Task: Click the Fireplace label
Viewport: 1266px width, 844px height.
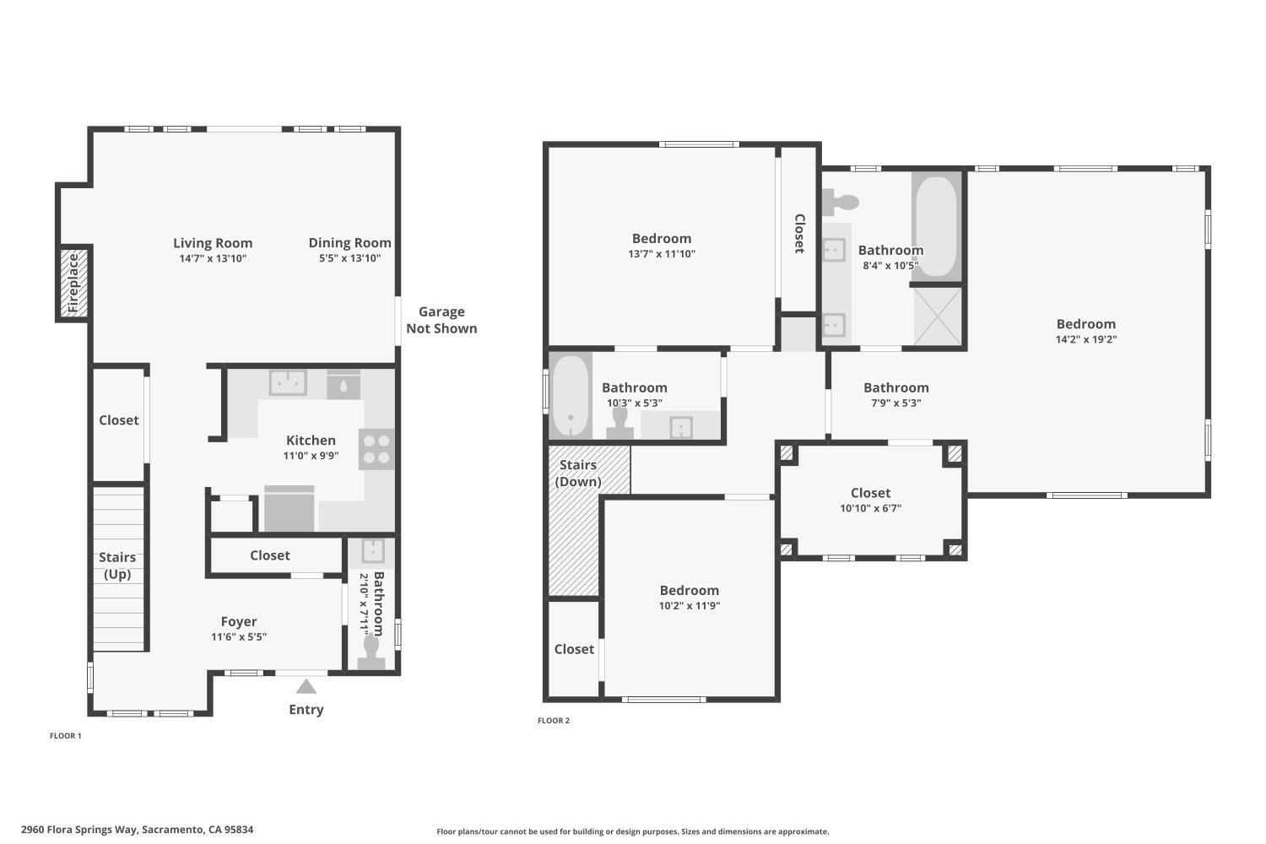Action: tap(73, 283)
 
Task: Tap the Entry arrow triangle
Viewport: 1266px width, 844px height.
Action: tap(306, 686)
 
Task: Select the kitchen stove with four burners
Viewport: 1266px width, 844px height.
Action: tap(376, 449)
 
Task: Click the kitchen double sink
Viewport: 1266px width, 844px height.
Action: tap(288, 382)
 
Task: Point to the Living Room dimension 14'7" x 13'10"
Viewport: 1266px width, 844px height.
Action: tap(213, 258)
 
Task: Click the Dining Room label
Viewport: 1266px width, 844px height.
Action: tap(349, 242)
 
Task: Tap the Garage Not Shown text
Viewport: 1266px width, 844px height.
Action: tap(441, 320)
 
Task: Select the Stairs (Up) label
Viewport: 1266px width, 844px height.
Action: tap(117, 565)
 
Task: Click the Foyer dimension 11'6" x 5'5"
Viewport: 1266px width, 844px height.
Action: tap(239, 637)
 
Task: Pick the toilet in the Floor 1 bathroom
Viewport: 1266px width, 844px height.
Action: tap(371, 650)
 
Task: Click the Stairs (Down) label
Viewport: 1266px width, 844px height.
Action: tap(578, 473)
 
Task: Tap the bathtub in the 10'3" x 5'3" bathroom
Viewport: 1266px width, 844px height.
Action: tap(571, 395)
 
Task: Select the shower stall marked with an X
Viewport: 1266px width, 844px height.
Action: tap(938, 316)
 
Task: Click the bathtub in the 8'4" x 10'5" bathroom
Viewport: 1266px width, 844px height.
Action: tap(936, 225)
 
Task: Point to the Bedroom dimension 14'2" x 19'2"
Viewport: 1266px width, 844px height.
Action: tap(1085, 339)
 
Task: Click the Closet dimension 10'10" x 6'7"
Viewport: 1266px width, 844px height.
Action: tap(870, 508)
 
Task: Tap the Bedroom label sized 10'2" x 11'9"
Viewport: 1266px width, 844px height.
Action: tap(689, 590)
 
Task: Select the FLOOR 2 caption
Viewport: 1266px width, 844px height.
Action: tap(554, 721)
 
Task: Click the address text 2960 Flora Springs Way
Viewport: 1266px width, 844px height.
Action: tap(137, 830)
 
